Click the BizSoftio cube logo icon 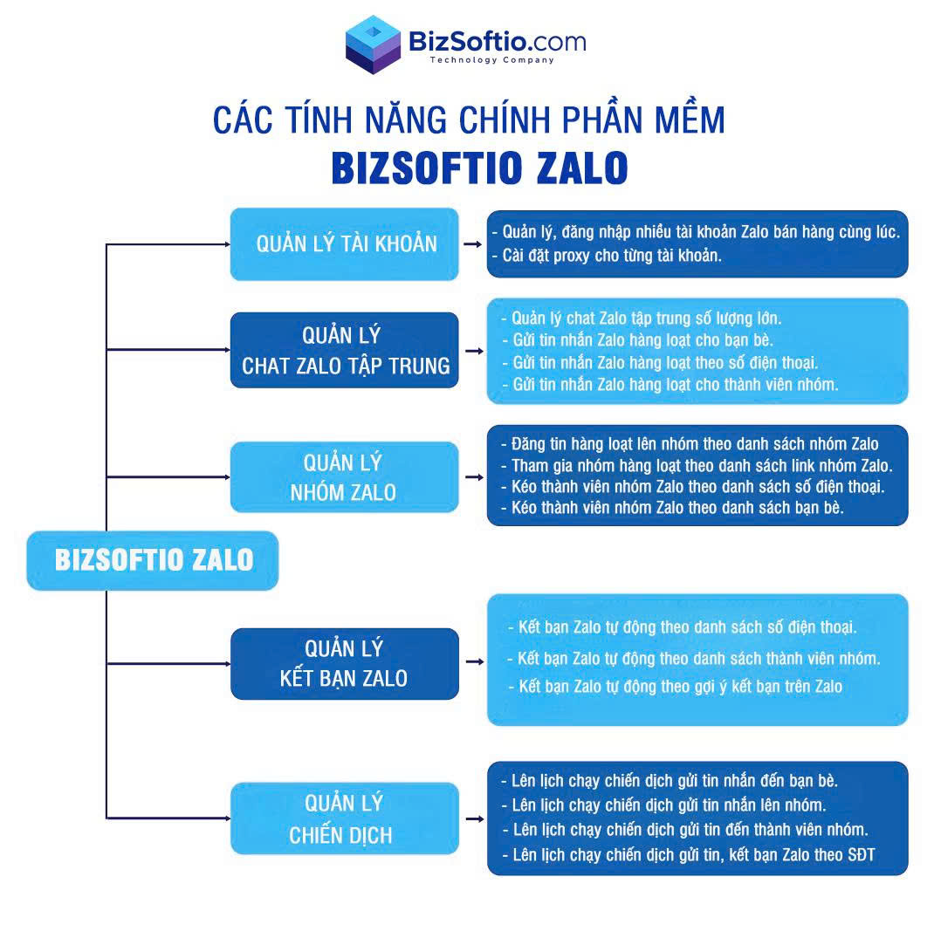[x=373, y=45]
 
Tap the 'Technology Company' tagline [x=492, y=59]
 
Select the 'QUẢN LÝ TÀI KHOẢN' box [x=344, y=244]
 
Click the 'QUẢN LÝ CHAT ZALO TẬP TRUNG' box [x=344, y=350]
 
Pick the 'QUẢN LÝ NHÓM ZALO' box [x=344, y=477]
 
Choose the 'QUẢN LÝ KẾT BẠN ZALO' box [x=344, y=663]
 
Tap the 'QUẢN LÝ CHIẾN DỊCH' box [x=344, y=818]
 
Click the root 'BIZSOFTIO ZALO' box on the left [x=153, y=560]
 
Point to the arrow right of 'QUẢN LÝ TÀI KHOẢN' [x=473, y=244]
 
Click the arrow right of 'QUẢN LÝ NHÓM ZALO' [x=474, y=477]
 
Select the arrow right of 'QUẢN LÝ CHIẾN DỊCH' [x=475, y=819]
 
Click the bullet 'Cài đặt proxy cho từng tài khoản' [x=608, y=256]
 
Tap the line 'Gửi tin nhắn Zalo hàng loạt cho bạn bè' [x=637, y=340]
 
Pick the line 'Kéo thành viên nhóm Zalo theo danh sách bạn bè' [x=672, y=508]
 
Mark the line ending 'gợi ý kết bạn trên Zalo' [x=676, y=687]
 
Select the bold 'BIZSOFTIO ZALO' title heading [x=479, y=168]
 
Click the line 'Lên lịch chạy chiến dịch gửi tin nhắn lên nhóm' [x=663, y=805]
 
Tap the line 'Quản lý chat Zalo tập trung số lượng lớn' [x=642, y=318]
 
